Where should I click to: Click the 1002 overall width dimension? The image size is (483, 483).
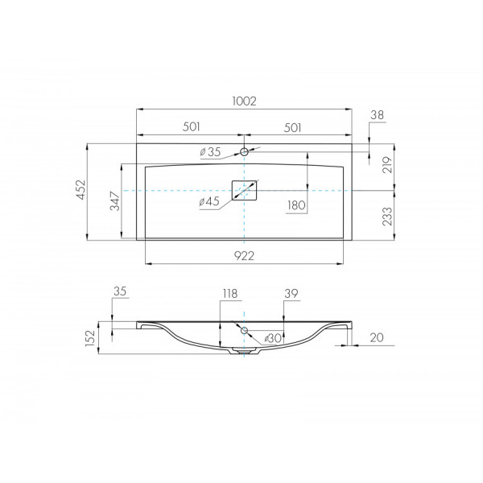pos(244,101)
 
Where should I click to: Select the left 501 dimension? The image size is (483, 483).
pos(192,126)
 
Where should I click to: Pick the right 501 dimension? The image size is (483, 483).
pos(292,127)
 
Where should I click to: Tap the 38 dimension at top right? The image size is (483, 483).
pos(378,115)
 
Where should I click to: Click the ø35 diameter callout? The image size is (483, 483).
pos(210,152)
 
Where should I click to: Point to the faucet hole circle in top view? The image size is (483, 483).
pos(244,151)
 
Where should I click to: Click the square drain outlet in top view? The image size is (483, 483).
pos(244,190)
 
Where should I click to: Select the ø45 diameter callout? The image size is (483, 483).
pos(209,202)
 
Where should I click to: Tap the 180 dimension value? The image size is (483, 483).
pos(296,205)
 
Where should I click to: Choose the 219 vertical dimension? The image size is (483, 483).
pos(387,165)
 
